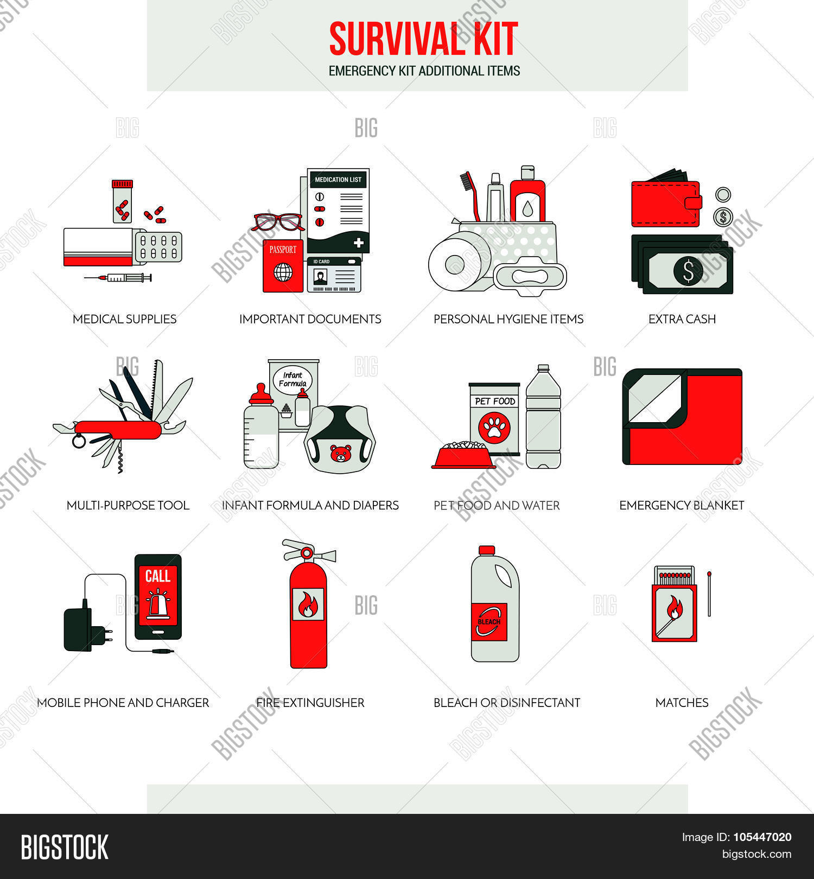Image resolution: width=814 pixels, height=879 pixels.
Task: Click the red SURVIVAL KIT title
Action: [x=423, y=39]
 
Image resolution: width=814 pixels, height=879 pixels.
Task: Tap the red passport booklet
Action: [x=283, y=266]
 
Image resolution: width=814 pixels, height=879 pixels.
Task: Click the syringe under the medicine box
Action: [x=118, y=278]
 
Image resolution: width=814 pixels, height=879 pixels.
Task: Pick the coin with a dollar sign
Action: [x=723, y=218]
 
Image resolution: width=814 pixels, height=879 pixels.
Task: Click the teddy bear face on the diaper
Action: [x=340, y=454]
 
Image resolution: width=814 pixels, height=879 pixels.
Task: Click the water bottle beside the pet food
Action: [x=543, y=416]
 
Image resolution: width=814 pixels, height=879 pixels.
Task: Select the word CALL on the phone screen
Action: [x=158, y=576]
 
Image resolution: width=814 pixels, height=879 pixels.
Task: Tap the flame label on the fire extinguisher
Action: [x=308, y=604]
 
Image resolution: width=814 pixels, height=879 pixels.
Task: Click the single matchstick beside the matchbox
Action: [x=709, y=594]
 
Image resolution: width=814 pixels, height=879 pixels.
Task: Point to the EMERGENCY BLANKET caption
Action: [x=682, y=505]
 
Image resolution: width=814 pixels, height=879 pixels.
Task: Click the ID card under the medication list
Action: [x=334, y=275]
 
